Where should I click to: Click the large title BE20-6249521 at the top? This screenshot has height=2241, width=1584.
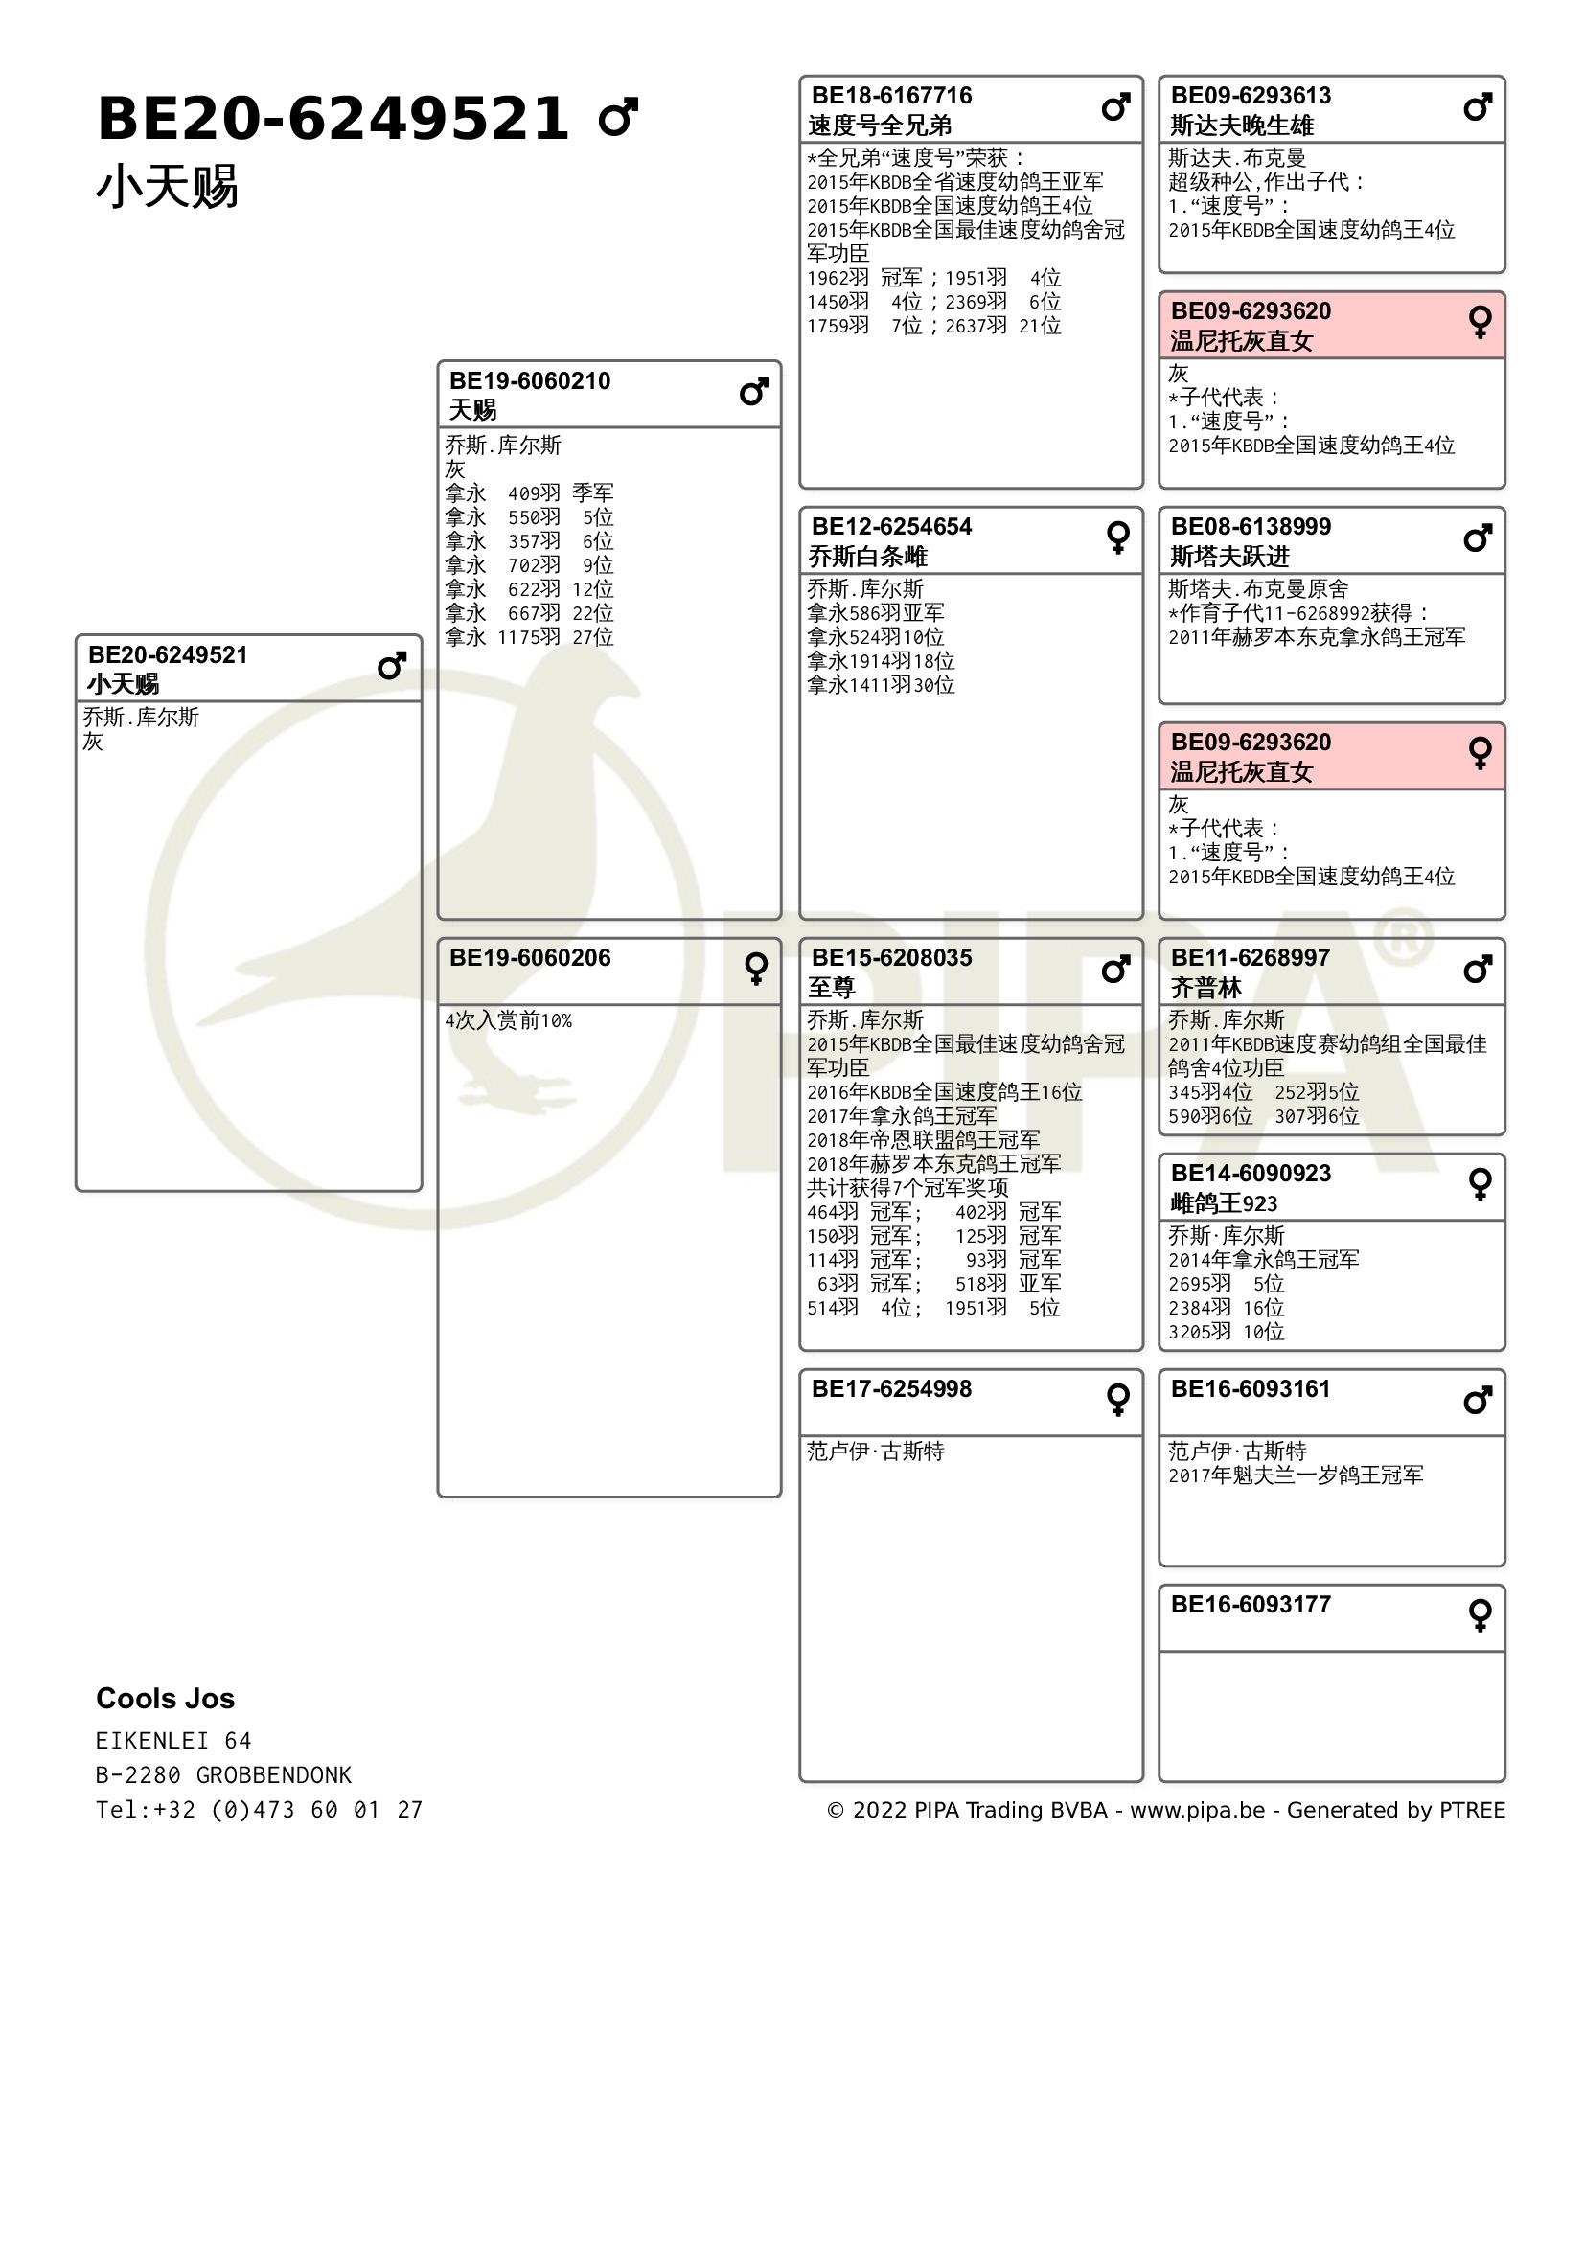tap(332, 119)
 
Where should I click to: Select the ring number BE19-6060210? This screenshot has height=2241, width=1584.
tap(529, 380)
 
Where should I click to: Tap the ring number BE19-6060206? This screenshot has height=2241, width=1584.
tap(529, 957)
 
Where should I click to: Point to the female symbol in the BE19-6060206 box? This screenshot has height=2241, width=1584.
tap(755, 969)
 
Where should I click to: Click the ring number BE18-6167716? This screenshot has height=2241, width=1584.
tap(891, 96)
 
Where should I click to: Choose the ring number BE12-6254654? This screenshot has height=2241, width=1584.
tap(891, 527)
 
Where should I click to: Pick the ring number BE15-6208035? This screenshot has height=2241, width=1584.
tap(891, 957)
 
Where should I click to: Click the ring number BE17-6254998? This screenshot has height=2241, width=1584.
tap(891, 1389)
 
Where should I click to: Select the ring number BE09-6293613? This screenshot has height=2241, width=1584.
tap(1251, 96)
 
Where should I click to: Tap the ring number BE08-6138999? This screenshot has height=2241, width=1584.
tap(1251, 527)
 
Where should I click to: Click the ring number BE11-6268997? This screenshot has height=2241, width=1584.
tap(1251, 957)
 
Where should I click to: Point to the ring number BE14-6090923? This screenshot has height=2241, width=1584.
tap(1251, 1174)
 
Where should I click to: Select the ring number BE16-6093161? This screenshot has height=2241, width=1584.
tap(1251, 1389)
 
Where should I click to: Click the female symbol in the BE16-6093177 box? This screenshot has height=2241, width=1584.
tap(1480, 1615)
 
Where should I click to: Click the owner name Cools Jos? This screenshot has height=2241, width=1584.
tap(165, 1699)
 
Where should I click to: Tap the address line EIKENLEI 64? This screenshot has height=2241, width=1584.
tap(172, 1740)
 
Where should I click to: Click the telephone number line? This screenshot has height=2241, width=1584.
tap(259, 1809)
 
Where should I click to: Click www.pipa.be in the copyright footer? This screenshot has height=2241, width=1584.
tap(1197, 1810)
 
